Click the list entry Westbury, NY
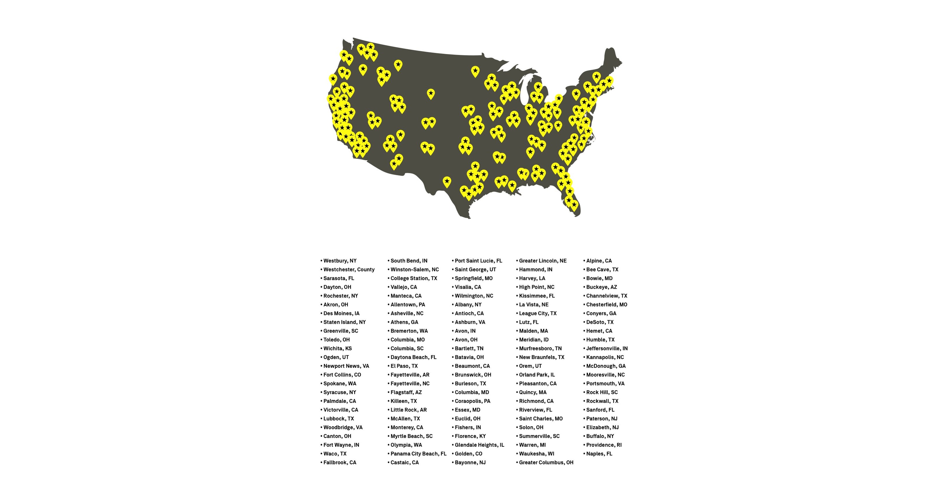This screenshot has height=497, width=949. point(340,261)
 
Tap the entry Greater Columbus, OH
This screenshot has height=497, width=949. point(546,463)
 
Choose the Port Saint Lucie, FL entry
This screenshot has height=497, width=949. point(478,261)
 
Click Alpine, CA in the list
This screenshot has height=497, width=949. point(599,261)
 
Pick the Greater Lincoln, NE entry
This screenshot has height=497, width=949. point(543,261)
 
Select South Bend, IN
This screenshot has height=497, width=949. point(409,261)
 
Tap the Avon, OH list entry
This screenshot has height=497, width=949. point(466,340)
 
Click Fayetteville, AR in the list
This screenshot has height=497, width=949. point(410,375)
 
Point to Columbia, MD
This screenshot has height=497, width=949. point(471,392)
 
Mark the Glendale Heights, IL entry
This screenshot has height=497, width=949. point(479,445)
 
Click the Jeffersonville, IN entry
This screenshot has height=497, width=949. point(607,348)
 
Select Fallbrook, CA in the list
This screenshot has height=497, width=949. point(340,463)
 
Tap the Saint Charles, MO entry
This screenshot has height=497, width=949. point(541,419)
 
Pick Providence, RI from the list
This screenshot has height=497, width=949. point(604,445)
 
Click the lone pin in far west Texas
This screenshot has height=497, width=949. point(447,181)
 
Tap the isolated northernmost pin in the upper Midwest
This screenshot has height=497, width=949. point(475,71)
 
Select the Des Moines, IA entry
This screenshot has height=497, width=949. point(341,313)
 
